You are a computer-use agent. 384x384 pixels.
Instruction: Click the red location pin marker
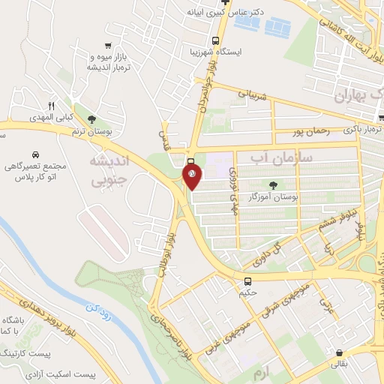click(192, 177)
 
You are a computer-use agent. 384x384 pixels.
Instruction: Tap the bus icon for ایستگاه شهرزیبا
click(215, 41)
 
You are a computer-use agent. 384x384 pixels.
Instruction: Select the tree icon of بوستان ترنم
click(92, 120)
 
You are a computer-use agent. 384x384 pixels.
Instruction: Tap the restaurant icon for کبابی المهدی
click(52, 106)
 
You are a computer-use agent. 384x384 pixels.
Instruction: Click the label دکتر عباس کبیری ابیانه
click(226, 13)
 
